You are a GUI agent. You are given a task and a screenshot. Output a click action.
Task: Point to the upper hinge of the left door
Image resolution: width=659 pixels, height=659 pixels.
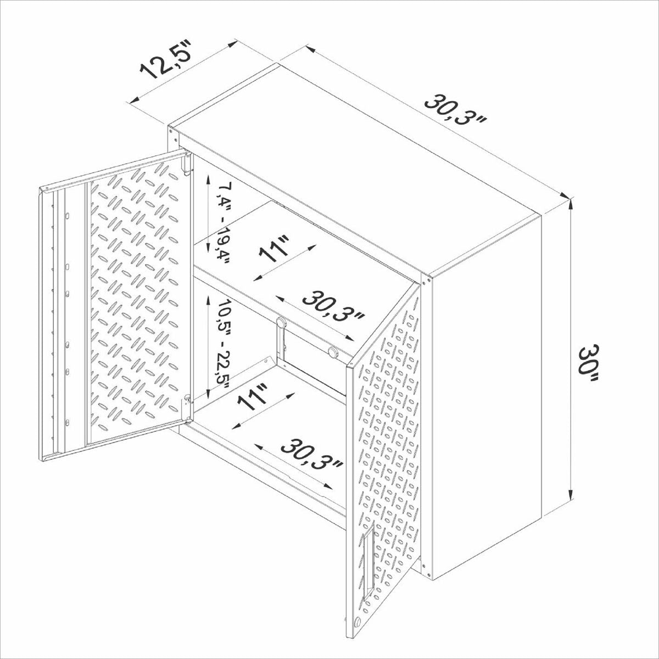[187, 164]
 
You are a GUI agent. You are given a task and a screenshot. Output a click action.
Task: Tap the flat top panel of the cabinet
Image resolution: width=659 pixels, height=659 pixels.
[357, 165]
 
